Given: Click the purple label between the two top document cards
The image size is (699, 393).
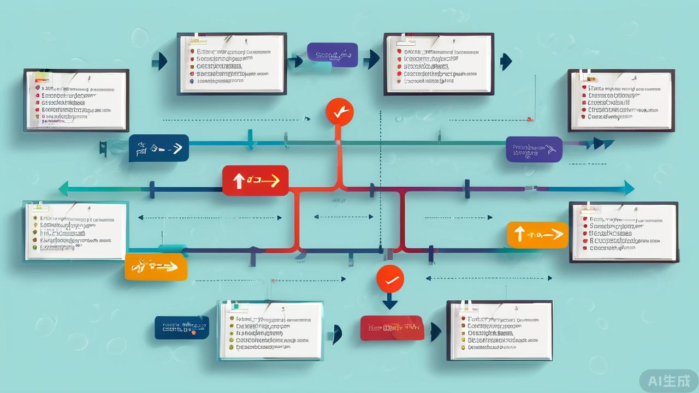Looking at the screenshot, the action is coord(332,55).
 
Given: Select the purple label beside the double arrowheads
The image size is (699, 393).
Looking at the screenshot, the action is coord(534,149).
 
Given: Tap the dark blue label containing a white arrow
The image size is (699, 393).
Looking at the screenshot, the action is coord(159,148).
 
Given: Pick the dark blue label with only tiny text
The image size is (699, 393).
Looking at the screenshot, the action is coord(181,327).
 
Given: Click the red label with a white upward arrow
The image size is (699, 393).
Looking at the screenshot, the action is coord(255,180).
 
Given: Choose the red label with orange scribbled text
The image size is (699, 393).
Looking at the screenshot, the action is coord(392,328).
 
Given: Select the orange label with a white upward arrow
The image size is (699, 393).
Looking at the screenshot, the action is coord(537,235).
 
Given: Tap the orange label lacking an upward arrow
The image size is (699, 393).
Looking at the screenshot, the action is coord(156,267).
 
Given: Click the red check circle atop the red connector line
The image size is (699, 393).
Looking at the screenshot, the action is coord(339,112).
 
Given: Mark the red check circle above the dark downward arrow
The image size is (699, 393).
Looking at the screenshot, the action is coord(390,279).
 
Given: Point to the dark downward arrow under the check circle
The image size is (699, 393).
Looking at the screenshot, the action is coord(389,301).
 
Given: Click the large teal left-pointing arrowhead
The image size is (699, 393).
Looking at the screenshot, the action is coord(64,189).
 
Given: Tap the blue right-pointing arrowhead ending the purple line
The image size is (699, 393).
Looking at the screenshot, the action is coord(628,188).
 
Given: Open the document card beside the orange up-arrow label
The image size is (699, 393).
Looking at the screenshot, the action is coord(623,232).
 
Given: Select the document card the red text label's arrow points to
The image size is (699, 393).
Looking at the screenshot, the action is coord(500,330).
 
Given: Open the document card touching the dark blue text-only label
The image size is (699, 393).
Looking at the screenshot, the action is coord(270,330).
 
